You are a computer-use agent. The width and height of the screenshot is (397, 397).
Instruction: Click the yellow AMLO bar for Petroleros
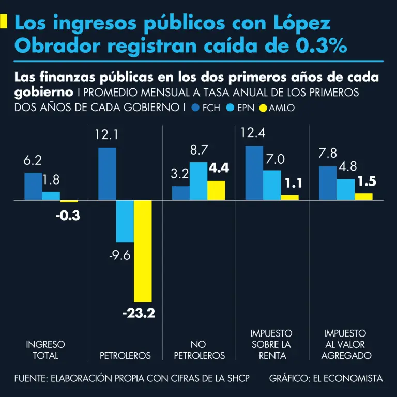click(x=143, y=251)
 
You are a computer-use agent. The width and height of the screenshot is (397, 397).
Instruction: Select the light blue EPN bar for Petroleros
click(x=125, y=221)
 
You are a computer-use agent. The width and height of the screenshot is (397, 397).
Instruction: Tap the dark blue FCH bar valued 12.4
click(x=254, y=173)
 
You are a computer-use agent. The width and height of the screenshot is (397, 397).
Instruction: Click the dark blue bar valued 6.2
click(x=33, y=186)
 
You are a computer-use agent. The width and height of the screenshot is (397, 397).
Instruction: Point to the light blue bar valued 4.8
click(x=346, y=189)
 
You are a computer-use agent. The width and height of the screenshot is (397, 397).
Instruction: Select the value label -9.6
click(x=119, y=255)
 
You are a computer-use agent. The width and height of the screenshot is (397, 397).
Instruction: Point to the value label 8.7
click(x=199, y=150)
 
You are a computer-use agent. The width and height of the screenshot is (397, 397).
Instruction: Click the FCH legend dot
click(x=195, y=108)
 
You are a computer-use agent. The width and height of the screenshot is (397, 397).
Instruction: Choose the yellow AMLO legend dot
click(x=263, y=108)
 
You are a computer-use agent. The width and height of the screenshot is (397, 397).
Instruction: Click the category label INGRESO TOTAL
click(x=45, y=349)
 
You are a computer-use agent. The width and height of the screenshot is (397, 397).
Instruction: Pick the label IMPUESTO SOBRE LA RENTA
click(x=271, y=344)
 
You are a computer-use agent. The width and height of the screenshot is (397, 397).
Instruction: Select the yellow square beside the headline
click(x=4, y=21)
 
